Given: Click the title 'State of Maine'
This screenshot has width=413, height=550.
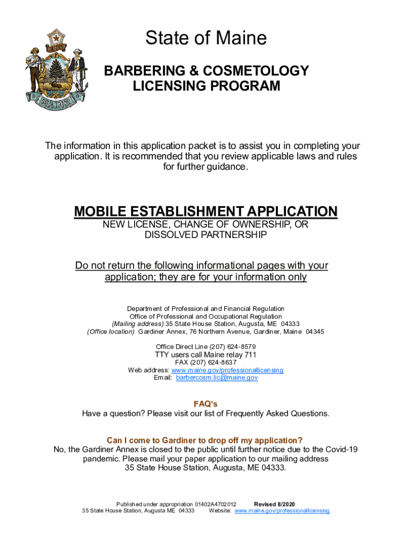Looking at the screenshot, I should tap(206, 38).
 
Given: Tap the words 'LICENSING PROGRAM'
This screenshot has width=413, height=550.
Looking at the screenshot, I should tap(206, 86).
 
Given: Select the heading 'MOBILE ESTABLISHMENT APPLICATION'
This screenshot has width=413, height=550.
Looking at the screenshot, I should tap(206, 211).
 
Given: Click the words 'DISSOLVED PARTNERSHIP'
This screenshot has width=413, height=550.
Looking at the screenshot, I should tap(206, 235).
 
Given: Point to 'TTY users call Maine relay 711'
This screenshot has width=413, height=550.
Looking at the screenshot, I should tap(206, 354).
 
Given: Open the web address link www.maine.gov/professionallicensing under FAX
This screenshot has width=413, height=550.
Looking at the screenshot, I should tap(227, 370).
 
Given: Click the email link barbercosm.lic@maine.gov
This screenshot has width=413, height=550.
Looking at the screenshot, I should tap(217, 378).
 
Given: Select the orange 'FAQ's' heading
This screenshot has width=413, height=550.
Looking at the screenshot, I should tap(205, 404).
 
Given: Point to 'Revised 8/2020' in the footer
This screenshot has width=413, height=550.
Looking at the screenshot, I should tap(274, 504).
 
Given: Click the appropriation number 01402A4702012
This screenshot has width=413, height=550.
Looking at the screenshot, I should tap(216, 504).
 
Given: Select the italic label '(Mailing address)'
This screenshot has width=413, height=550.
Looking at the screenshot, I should tap(137, 324).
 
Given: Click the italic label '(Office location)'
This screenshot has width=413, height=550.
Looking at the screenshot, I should tap(111, 331).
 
